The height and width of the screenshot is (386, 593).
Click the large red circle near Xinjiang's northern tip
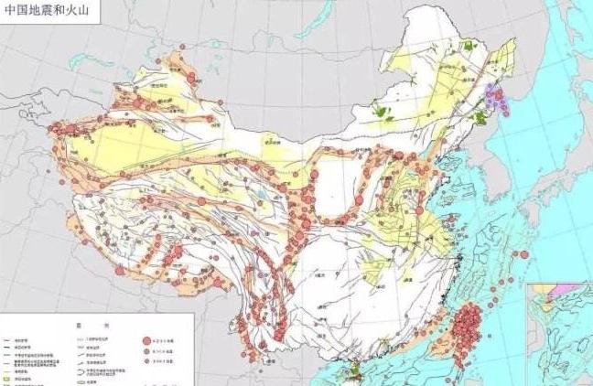191,79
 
